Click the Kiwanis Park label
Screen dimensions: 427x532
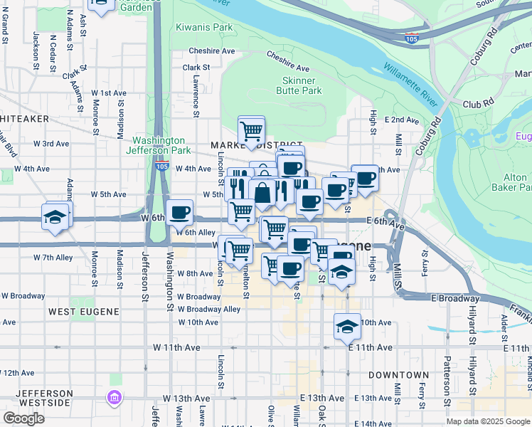205,28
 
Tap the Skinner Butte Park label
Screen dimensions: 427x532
299,85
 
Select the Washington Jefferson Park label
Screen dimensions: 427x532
159,145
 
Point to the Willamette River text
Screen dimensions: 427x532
410,84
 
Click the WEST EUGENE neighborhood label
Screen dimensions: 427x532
79,312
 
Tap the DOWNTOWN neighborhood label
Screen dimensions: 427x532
398,374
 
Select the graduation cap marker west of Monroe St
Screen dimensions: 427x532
54,217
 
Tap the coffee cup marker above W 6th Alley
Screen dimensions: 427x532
179,211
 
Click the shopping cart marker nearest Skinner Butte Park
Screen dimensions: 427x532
251,131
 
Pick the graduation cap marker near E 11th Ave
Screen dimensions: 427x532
346,326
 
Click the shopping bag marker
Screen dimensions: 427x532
262,193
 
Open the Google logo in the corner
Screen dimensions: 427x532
23,418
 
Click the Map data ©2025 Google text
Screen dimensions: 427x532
487,421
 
